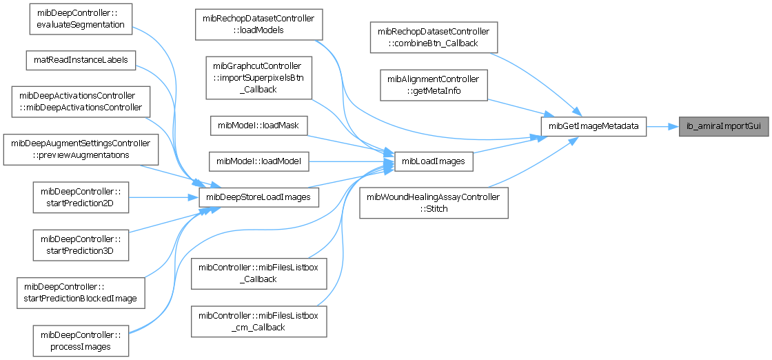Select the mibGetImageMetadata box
593,127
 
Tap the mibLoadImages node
434,161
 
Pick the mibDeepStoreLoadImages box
258,197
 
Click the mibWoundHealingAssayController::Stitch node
434,202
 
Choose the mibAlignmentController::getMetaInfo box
434,86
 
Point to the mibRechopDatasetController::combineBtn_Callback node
434,37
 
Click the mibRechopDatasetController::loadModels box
258,24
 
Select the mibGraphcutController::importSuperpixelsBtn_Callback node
258,77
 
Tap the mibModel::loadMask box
258,126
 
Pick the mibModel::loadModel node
258,161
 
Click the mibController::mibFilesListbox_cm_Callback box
258,321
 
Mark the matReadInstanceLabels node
81,59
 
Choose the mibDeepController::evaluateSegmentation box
81,19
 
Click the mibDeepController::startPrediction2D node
81,197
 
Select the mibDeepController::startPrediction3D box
81,246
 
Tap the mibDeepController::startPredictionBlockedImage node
81,293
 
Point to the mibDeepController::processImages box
81,340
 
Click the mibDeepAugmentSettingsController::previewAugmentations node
81,149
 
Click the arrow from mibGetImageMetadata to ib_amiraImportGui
662,127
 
